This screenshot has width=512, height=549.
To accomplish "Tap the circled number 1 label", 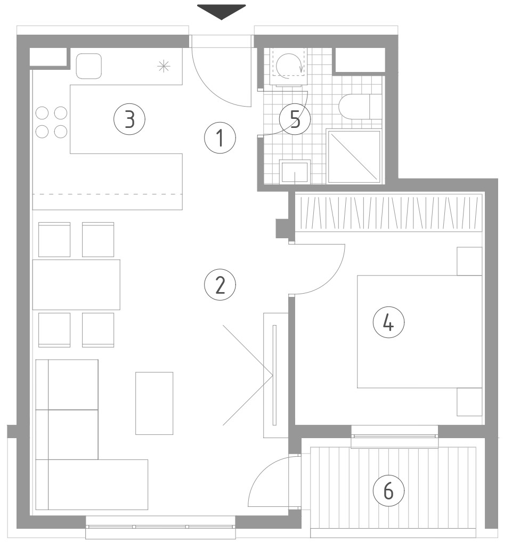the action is click(220, 138).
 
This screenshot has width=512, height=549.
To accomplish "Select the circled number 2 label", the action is click(220, 285).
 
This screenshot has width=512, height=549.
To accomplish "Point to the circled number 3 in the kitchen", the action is click(129, 119).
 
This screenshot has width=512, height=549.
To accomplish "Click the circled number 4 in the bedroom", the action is click(388, 322).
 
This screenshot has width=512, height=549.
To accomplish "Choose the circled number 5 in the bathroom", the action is click(295, 119).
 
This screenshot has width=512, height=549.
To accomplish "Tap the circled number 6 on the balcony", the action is click(388, 490).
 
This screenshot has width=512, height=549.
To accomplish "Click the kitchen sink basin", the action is click(89, 66).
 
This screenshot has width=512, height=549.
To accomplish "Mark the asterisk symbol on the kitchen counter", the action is click(164, 66).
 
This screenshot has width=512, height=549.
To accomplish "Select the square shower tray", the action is click(354, 156).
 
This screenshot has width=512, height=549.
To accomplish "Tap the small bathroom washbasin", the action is click(295, 172).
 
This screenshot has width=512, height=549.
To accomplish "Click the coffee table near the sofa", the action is click(155, 403).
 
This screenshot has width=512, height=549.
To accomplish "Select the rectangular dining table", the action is click(76, 285).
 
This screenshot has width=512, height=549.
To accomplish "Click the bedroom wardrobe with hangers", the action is click(388, 212).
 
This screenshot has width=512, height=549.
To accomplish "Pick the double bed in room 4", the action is click(420, 332).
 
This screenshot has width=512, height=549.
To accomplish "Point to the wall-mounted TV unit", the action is click(276, 375).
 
